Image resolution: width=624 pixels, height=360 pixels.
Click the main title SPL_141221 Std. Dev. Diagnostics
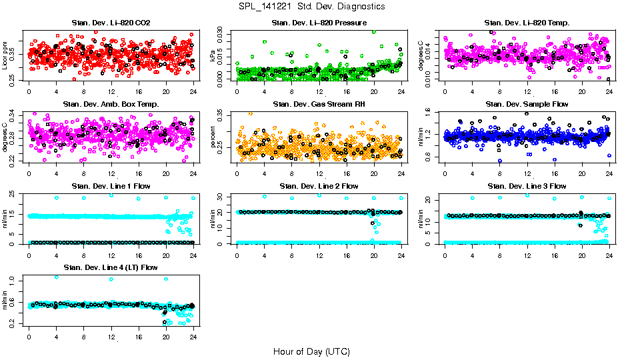pos(311,7)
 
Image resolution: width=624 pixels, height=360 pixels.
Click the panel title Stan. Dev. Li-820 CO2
pos(111,23)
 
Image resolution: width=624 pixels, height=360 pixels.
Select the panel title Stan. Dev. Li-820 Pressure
pos(319,23)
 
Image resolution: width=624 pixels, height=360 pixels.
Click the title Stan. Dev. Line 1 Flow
pos(111,186)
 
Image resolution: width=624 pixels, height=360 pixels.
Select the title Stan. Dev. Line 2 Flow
pos(319,186)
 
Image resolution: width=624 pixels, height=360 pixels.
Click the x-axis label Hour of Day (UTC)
pos(311,351)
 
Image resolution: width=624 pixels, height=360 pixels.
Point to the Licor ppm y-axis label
pos(5,55)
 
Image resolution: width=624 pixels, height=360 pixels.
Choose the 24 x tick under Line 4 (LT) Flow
pos(193,336)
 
